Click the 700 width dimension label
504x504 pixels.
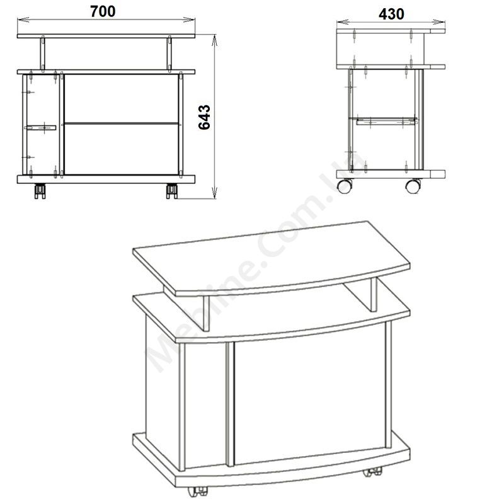click(103, 11)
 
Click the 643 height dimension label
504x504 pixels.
click(204, 117)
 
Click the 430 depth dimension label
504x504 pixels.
click(391, 14)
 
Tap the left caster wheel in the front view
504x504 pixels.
click(40, 191)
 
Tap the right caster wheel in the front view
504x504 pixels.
click(171, 191)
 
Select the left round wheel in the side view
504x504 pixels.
click(344, 186)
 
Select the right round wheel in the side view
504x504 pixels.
click(413, 186)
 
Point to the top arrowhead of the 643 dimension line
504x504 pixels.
click(215, 39)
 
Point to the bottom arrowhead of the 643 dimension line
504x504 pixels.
click(215, 193)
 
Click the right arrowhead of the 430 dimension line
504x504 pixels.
click(439, 22)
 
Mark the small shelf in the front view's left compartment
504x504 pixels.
click(40, 128)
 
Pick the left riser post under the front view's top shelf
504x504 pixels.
click(43, 54)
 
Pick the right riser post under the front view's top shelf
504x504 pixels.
click(169, 54)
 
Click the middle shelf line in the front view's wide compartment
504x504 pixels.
click(121, 123)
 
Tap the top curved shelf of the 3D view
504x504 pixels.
click(272, 258)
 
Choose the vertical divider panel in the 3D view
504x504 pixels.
click(230, 403)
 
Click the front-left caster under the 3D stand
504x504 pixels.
click(197, 491)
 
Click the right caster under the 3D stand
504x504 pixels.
click(373, 472)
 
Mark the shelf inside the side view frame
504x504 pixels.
click(386, 120)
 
